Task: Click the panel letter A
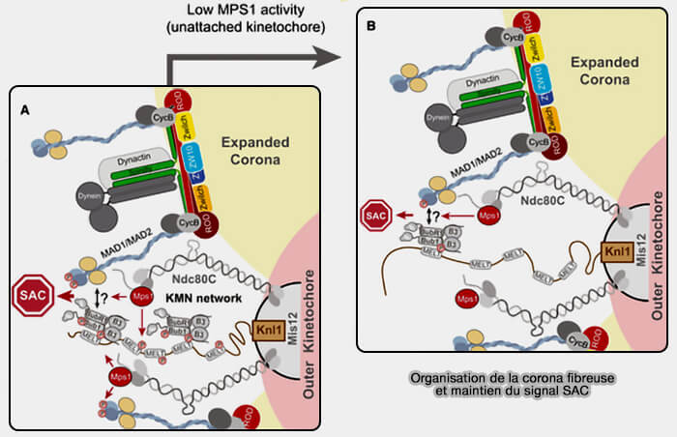[25, 110]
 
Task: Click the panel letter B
[371, 27]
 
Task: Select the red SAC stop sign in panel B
[373, 217]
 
